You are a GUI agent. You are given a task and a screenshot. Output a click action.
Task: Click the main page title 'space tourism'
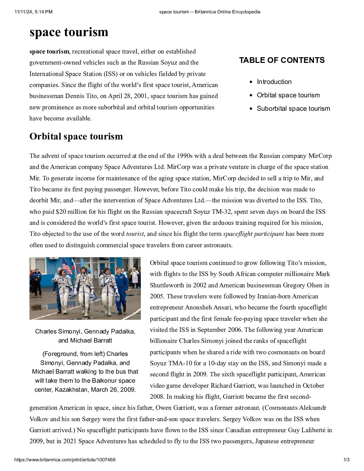click(69, 32)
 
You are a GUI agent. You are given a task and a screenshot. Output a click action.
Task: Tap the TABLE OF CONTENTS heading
click(282, 60)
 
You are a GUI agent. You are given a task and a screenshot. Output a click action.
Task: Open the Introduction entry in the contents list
click(274, 82)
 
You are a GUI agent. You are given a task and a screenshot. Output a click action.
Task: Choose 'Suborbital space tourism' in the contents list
click(293, 109)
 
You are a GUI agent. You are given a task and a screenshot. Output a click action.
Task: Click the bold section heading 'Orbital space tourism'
click(76, 136)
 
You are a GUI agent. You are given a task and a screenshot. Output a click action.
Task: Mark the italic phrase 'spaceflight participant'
click(253, 234)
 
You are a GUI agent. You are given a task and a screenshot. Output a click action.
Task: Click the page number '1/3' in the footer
click(346, 460)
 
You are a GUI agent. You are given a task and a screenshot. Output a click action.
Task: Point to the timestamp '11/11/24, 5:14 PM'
click(33, 12)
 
